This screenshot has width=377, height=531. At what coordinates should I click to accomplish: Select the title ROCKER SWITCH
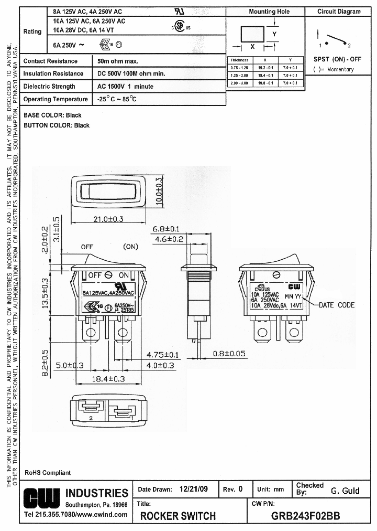click(178, 516)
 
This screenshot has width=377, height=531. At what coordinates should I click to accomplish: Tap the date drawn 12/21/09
click(193, 489)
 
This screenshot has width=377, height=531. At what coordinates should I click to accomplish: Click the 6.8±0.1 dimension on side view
click(166, 229)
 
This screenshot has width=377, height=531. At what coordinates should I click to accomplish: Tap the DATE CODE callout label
click(337, 305)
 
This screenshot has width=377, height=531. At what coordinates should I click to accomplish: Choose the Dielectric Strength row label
click(49, 87)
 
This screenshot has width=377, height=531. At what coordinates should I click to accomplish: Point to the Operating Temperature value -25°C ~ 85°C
click(116, 99)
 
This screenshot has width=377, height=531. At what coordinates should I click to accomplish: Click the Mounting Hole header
click(269, 12)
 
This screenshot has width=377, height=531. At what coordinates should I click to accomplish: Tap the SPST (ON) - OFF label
click(337, 59)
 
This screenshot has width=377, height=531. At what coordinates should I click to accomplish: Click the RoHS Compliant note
click(47, 473)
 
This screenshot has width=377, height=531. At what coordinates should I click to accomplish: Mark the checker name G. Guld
click(345, 491)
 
